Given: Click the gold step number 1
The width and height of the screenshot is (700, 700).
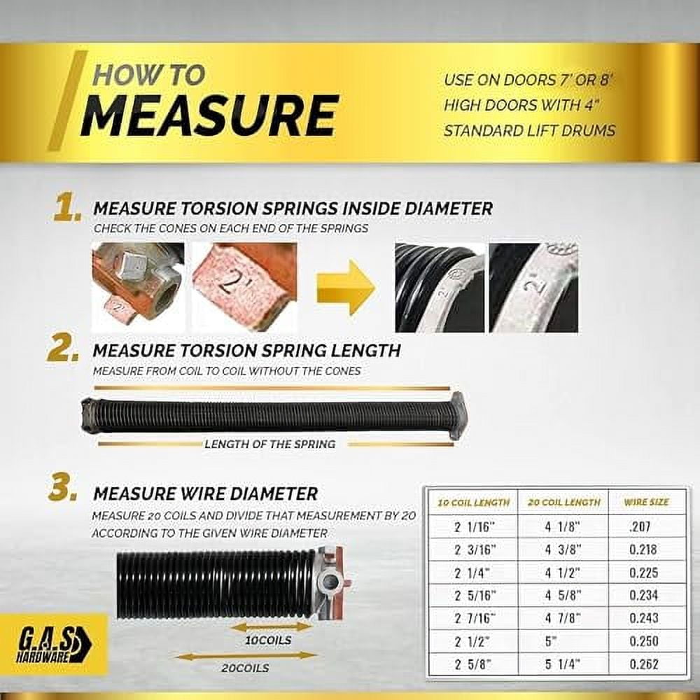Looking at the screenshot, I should click(x=67, y=209).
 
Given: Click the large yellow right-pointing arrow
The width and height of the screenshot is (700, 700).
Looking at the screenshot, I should click(x=345, y=287).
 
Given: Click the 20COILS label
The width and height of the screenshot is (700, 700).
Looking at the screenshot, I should click(x=246, y=668).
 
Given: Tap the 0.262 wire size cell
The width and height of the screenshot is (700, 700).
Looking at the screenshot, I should click(x=643, y=664).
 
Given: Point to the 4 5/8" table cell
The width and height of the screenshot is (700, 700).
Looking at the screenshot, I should click(x=563, y=595).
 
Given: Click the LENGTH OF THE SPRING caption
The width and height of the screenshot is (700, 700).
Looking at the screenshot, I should click(x=269, y=444).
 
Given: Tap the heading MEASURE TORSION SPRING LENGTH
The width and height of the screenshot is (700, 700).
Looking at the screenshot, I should click(x=246, y=349).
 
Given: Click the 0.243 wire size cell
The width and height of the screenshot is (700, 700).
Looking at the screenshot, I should click(x=643, y=618).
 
